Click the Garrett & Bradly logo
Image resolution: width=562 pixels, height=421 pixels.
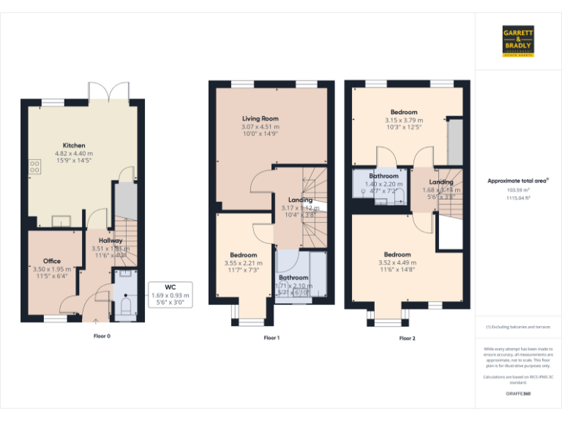tap(518, 41)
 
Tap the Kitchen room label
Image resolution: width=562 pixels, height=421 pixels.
tap(74, 145)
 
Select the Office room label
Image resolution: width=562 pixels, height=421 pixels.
tap(51, 261)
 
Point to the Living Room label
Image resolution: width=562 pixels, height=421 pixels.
tap(261, 118)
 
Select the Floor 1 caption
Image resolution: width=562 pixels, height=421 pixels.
tap(271, 338)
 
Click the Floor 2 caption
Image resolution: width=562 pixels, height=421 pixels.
tap(407, 338)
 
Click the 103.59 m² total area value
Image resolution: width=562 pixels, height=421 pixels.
tap(518, 189)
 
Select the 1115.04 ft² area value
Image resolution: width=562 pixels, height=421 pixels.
tap(518, 197)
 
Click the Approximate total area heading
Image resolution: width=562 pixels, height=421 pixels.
tap(518, 180)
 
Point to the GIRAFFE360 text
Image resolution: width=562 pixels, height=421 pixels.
tap(518, 394)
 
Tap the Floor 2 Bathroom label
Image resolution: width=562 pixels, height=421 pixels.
tap(383, 176)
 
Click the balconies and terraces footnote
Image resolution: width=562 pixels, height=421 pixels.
tap(518, 327)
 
